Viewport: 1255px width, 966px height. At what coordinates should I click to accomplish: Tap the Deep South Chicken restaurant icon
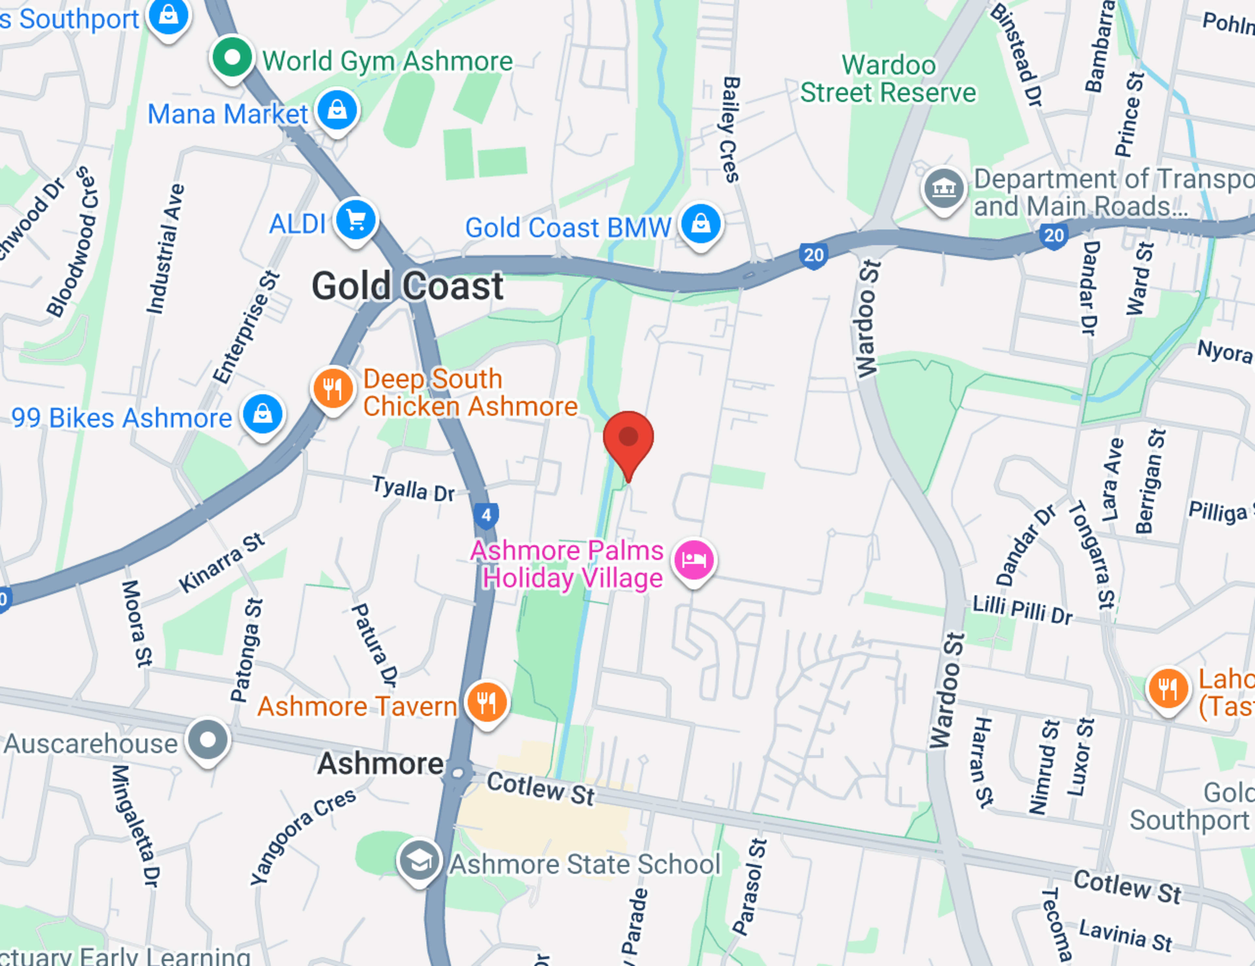[333, 388]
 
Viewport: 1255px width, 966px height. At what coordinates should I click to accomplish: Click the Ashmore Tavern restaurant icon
[487, 702]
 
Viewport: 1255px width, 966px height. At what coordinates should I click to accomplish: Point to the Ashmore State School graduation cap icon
[419, 860]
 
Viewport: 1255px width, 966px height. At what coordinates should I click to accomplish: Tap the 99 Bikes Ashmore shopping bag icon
[263, 414]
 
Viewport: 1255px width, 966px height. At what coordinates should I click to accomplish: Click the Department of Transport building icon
[943, 188]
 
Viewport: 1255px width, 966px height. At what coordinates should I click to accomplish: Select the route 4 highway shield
[486, 515]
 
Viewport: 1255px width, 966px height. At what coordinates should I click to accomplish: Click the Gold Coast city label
[408, 286]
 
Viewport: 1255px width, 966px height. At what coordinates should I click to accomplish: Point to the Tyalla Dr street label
[413, 489]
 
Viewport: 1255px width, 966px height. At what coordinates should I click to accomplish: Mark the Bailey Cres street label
[729, 130]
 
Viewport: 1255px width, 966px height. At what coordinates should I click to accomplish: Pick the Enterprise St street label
[246, 327]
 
